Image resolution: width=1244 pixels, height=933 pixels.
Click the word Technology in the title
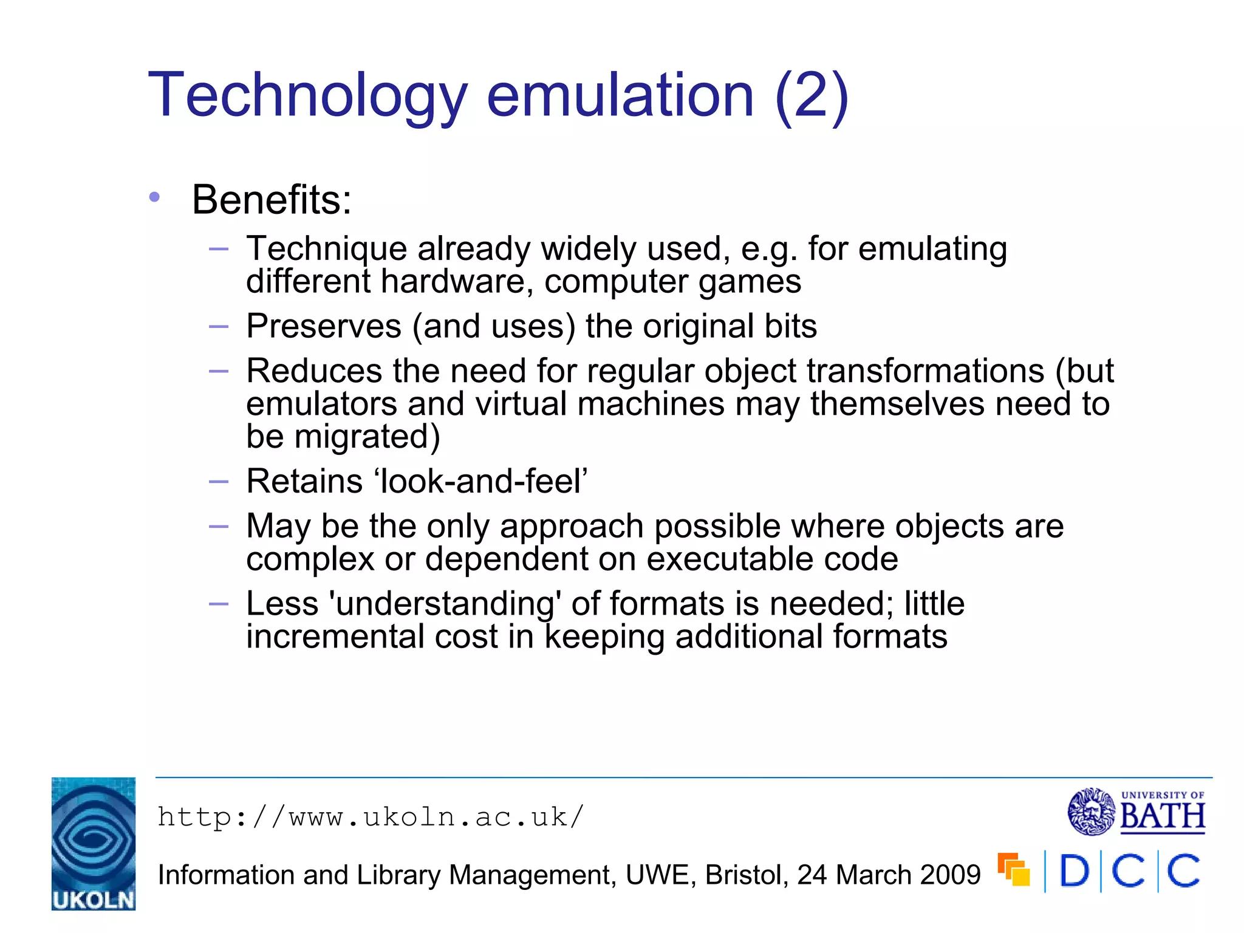307,96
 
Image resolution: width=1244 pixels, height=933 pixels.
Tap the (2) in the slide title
812,96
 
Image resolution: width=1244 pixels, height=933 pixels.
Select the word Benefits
272,200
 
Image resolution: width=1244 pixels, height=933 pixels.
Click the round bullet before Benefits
154,197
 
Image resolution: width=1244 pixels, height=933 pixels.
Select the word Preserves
323,326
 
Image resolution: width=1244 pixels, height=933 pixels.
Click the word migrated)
367,436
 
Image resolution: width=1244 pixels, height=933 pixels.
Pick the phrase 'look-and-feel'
481,481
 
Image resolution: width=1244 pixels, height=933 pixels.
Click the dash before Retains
218,482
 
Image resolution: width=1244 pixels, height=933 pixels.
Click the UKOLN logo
94,843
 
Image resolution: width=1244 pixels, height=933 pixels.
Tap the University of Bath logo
1136,812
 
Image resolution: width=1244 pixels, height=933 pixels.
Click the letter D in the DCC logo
1075,871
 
